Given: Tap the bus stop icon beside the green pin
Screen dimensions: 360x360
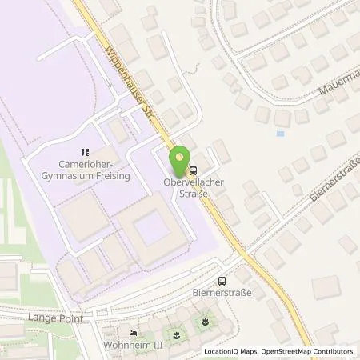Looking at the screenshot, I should pos(193,170).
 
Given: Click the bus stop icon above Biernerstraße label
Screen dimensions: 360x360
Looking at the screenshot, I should pos(222,280).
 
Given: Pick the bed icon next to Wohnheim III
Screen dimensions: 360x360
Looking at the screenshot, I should pos(133,334).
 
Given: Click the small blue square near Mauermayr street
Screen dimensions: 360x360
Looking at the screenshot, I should pos(280,133).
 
